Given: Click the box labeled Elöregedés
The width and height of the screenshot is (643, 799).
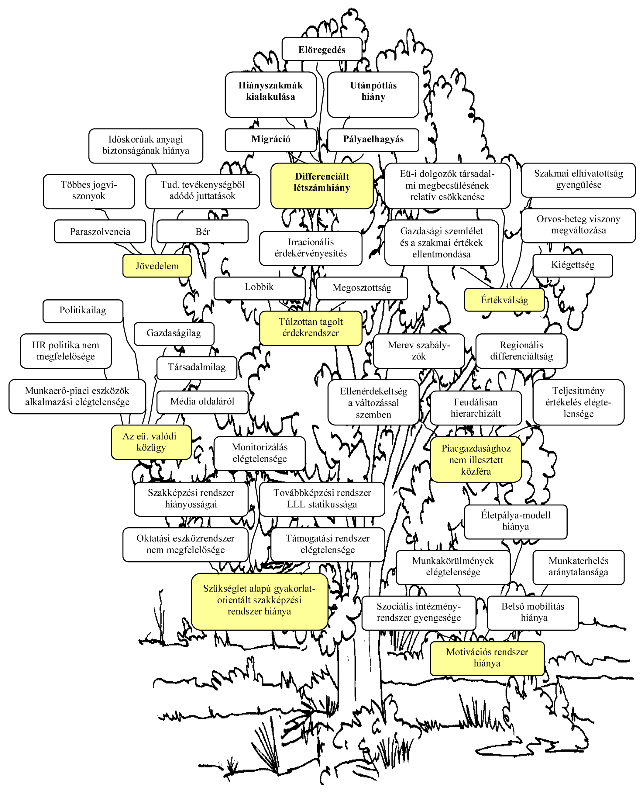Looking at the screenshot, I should (322, 49).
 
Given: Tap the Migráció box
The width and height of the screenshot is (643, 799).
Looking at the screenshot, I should (270, 140).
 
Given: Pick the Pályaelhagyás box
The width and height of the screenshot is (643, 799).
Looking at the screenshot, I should (373, 140).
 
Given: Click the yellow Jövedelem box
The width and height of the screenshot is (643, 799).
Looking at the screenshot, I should (157, 266).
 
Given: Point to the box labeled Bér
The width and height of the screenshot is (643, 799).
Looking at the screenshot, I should (202, 232).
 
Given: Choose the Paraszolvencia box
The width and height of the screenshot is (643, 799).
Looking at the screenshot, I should (100, 232).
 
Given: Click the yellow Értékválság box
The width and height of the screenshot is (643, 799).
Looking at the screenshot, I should (504, 300).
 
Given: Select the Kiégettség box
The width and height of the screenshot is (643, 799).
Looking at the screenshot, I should (573, 265).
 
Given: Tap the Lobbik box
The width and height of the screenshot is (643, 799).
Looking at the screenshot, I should (259, 287).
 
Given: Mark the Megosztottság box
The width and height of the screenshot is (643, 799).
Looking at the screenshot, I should (362, 288).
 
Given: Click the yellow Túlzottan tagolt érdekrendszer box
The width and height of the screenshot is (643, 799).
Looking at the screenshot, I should (311, 328).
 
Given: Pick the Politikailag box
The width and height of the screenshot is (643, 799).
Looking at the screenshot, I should (83, 311).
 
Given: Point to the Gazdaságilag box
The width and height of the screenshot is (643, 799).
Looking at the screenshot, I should (174, 333).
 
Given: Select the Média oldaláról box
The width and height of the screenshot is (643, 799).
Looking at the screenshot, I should (202, 402).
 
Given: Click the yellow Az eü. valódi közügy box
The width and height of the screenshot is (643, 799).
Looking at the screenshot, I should (151, 442).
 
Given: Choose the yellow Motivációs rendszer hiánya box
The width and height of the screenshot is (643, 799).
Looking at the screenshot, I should (487, 658).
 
